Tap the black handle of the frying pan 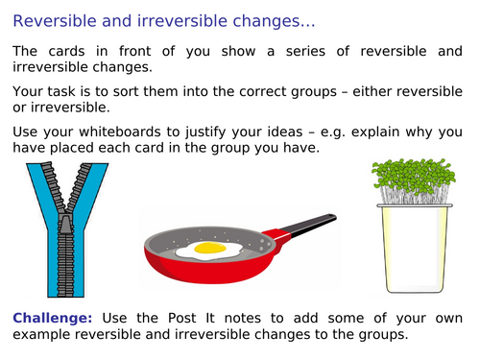point(307,227)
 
